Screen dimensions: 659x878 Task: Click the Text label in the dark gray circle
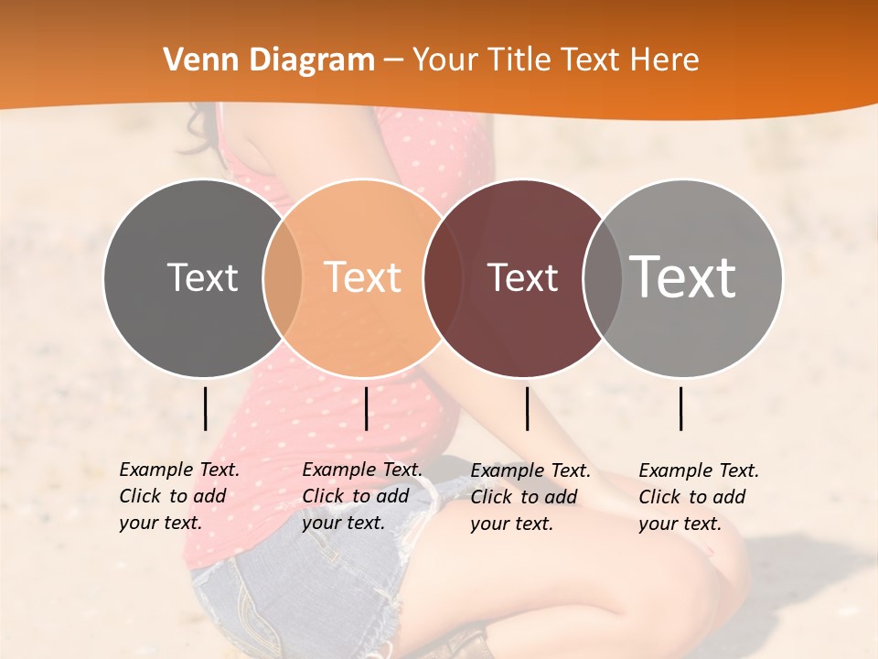(202, 277)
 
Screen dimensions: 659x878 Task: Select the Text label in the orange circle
(363, 277)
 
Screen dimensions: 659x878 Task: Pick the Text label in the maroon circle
(522, 277)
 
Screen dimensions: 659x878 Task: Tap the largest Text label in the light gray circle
(683, 276)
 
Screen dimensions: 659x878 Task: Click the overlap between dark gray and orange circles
(283, 277)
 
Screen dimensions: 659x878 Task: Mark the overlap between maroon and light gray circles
(602, 277)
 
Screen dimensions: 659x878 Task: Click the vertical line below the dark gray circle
(205, 408)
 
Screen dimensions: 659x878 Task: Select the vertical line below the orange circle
(366, 408)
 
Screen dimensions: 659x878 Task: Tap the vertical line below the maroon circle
(527, 408)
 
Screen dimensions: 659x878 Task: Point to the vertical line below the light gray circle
(681, 408)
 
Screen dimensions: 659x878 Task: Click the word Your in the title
(445, 60)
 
